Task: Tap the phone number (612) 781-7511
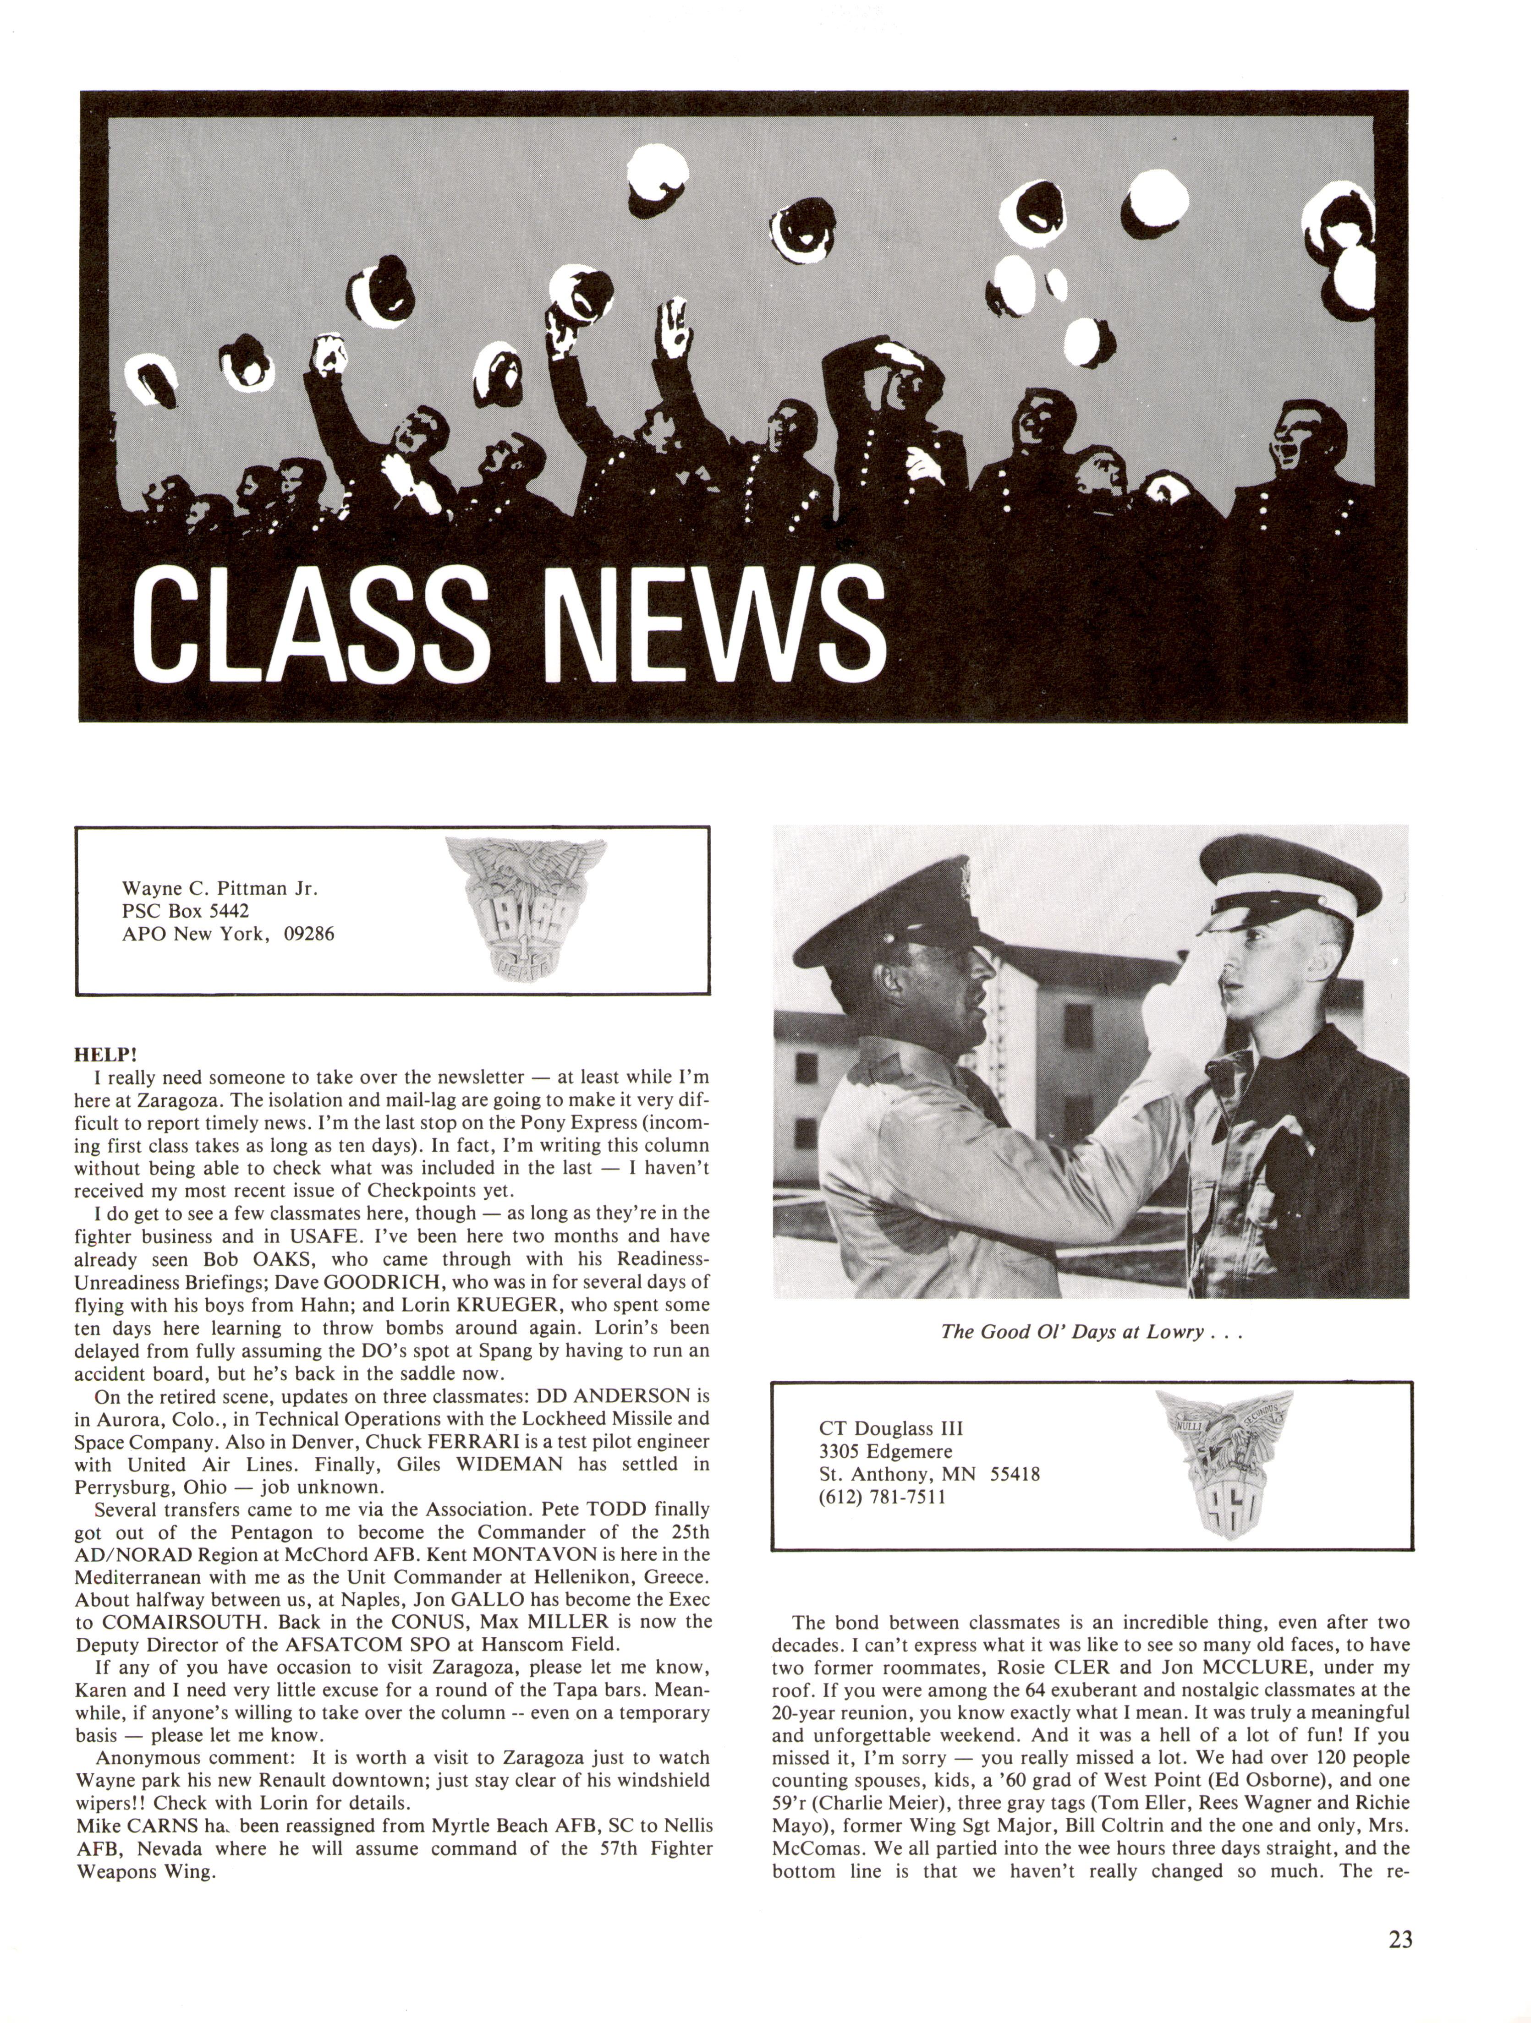pos(883,1497)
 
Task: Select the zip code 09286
pos(309,934)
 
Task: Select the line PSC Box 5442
pos(186,911)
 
